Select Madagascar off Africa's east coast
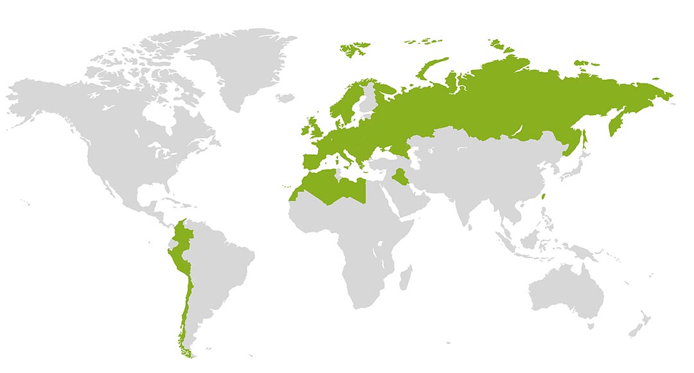(405, 279)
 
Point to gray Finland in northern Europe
(369, 103)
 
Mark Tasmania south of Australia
(589, 327)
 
